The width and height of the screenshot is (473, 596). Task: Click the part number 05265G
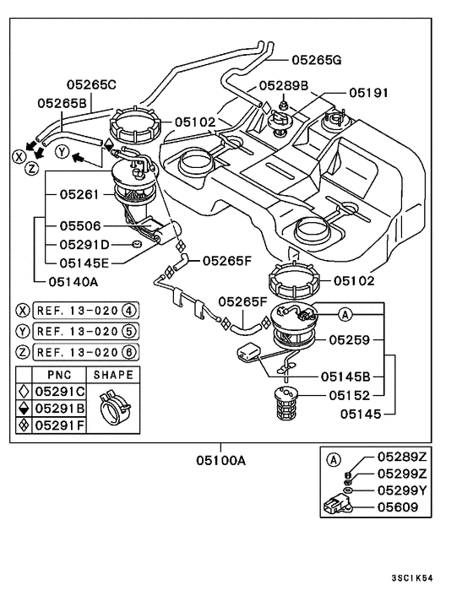pos(317,60)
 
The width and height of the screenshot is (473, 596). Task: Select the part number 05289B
pos(284,85)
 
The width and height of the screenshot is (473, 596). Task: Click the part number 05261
pos(79,194)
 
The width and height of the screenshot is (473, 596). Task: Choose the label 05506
pos(79,227)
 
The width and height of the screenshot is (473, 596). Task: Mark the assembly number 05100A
pos(220,460)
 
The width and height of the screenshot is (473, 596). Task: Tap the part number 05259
pos(352,340)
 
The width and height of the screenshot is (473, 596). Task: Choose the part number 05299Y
pos(402,490)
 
